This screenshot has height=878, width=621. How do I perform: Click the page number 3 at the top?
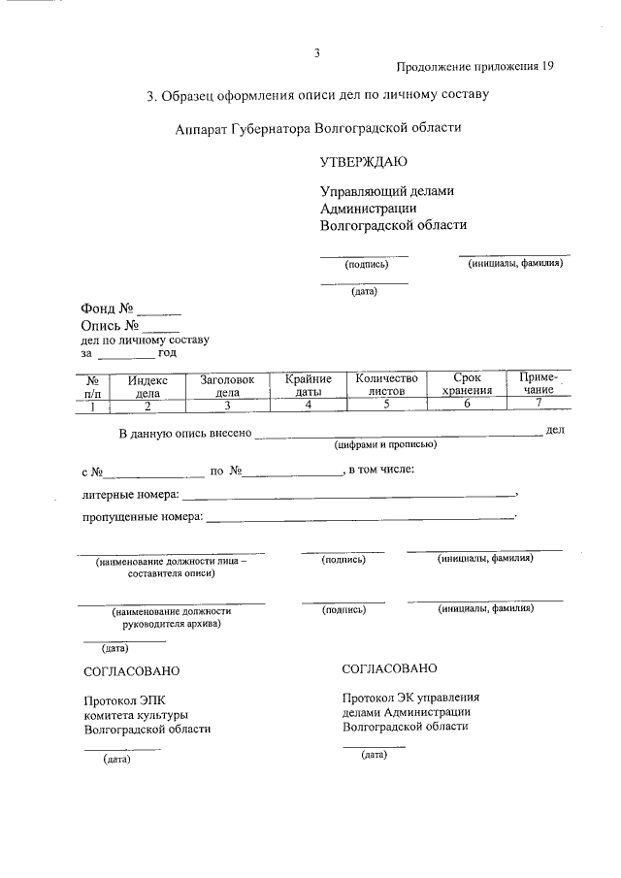tap(316, 52)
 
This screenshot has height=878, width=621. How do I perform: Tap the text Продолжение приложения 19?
tap(475, 66)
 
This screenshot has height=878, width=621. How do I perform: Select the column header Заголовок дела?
tap(227, 386)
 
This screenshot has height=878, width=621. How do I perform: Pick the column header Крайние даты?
tap(309, 385)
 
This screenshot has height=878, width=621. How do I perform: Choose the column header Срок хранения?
tap(468, 385)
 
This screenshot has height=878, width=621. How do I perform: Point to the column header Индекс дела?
tap(148, 386)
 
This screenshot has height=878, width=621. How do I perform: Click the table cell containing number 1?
tap(93, 406)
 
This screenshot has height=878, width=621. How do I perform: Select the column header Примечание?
tap(539, 383)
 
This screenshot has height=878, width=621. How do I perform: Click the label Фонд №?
tap(106, 309)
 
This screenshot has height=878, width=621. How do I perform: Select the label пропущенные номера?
tap(142, 517)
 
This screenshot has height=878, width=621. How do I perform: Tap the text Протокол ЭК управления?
tap(411, 697)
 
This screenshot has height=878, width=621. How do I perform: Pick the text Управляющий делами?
tap(386, 191)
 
